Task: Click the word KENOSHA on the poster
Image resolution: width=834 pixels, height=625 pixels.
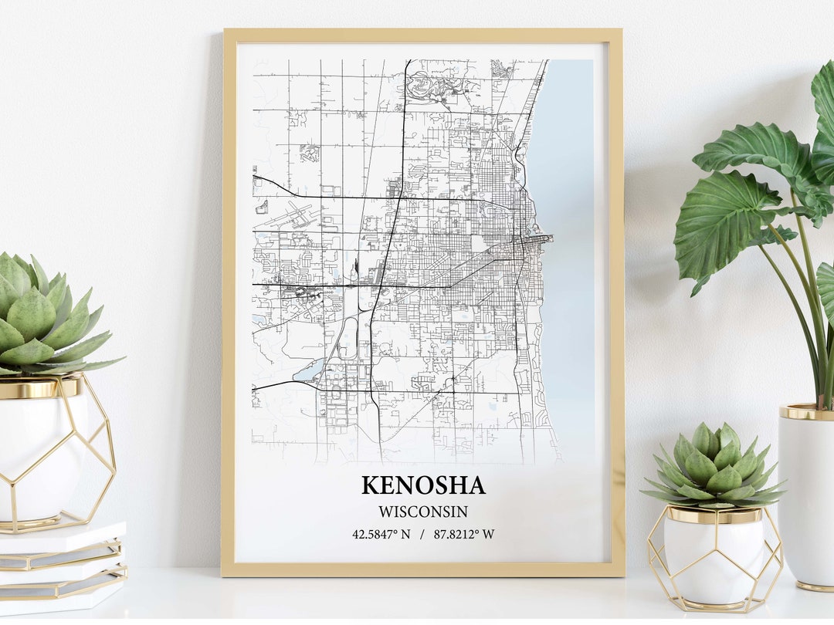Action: point(423,485)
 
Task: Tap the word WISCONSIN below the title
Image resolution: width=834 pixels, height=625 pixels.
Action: point(422,512)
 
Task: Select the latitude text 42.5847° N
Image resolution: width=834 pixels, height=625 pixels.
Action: point(381,534)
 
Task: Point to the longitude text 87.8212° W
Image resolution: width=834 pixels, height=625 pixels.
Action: point(463,534)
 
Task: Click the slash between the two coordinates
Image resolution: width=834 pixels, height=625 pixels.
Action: point(422,534)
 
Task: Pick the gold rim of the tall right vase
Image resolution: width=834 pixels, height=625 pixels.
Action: point(806,411)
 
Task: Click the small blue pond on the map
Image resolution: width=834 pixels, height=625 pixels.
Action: point(310,372)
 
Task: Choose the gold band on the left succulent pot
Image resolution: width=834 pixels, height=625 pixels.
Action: point(39,387)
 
